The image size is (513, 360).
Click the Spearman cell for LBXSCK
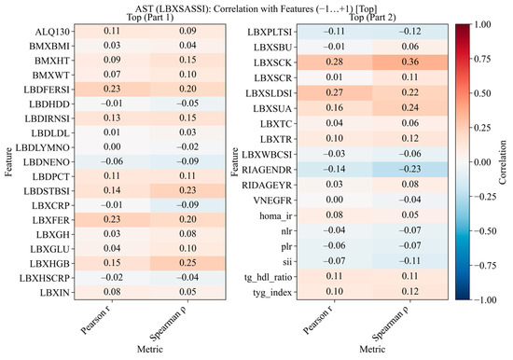410,62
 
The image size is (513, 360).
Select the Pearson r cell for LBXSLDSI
334,93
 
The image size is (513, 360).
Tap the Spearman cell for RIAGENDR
410,170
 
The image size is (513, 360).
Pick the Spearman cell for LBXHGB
187,263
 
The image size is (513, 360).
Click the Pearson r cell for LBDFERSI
112,89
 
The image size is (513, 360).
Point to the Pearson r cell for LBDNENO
112,161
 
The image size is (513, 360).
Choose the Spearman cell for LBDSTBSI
187,190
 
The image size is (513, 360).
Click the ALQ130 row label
52,32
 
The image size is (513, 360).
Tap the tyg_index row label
272,292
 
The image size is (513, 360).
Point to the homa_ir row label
275,216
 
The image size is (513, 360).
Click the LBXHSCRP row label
45,278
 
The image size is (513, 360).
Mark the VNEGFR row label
272,201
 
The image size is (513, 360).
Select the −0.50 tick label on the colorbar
485,231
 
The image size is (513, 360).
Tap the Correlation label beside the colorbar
503,162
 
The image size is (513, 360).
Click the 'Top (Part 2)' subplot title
372,18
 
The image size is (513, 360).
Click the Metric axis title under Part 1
150,349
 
